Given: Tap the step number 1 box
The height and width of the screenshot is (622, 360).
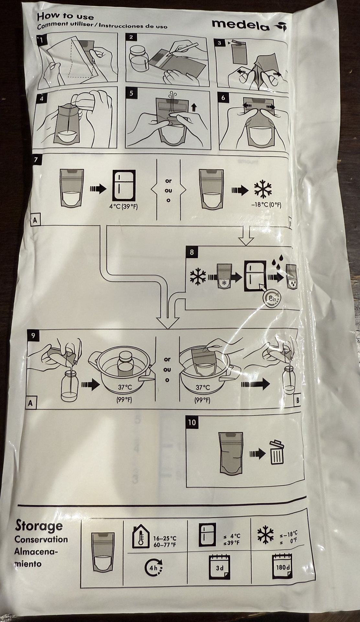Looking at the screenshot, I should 42,40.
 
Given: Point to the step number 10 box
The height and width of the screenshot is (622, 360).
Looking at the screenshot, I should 192,422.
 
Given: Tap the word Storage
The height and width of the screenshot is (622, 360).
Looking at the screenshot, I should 39,526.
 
